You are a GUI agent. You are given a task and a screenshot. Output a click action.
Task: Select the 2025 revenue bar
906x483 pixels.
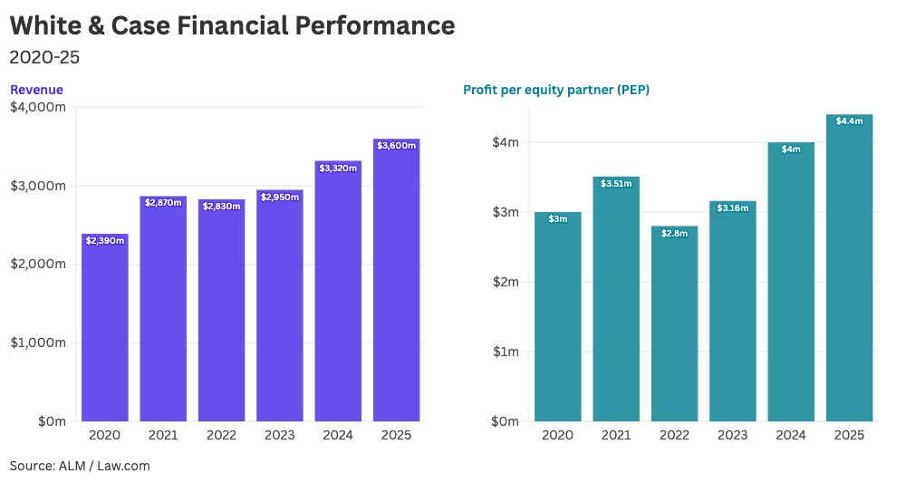(x=396, y=280)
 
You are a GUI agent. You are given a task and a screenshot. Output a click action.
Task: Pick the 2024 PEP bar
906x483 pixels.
(x=791, y=282)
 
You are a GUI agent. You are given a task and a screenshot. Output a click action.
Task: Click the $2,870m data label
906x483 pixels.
(x=163, y=202)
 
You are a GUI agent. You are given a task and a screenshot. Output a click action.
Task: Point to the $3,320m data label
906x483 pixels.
(x=338, y=168)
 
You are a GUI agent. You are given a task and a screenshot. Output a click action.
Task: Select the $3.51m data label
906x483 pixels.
(x=616, y=183)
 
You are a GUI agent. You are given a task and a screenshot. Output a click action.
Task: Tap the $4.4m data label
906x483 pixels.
(x=849, y=121)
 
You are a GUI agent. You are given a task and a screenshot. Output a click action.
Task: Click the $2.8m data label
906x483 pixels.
(x=674, y=233)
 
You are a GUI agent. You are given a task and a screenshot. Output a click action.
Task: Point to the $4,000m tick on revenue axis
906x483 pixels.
(x=37, y=107)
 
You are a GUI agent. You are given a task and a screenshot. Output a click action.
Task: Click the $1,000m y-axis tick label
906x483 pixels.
(x=37, y=343)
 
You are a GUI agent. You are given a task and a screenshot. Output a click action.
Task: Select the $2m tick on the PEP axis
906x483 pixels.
(x=505, y=282)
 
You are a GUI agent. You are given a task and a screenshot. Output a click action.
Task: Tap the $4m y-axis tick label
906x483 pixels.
(x=505, y=142)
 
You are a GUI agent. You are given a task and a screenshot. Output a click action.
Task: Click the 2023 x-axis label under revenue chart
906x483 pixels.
(x=280, y=436)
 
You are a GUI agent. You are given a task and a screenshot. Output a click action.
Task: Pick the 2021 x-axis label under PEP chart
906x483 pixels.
(x=616, y=436)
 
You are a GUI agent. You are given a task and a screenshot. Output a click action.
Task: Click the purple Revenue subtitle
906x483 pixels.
(x=36, y=90)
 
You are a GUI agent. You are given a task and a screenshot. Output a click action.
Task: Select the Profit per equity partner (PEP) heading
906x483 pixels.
(x=556, y=90)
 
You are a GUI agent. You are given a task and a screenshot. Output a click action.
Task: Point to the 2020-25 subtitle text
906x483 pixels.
(x=44, y=57)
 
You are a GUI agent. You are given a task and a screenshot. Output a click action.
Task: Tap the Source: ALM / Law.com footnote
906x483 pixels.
(x=80, y=466)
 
